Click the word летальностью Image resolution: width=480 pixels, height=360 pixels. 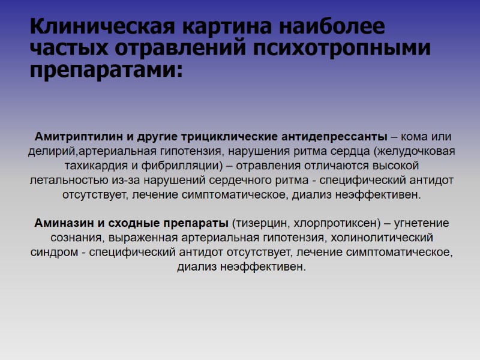(x=71, y=180)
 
